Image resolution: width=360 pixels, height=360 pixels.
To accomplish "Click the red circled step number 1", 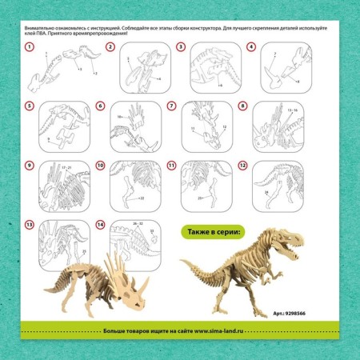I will pyautogui.click(x=30, y=47).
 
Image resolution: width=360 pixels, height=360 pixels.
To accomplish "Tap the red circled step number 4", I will pyautogui.click(x=251, y=47).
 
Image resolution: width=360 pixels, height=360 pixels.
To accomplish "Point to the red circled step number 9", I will pyautogui.click(x=30, y=166).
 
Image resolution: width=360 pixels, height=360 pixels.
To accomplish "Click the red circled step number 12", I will pyautogui.click(x=242, y=166).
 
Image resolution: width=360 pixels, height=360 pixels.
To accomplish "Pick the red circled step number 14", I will pyautogui.click(x=100, y=225).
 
